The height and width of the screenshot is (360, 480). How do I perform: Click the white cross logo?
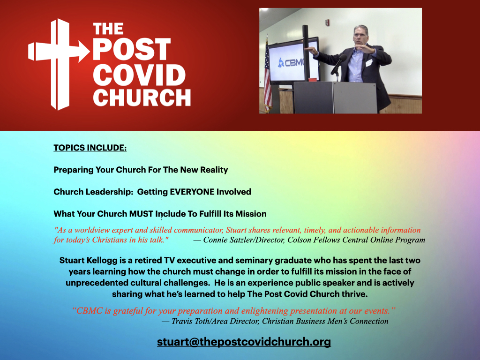tap(58, 64)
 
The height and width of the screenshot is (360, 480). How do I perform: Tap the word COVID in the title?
tap(139, 75)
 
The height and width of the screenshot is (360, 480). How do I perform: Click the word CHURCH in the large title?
tap(142, 97)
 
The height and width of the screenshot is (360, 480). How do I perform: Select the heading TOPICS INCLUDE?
tap(90, 148)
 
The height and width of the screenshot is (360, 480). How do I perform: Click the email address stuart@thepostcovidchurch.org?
tap(244, 342)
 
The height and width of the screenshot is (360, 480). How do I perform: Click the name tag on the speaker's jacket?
tap(369, 63)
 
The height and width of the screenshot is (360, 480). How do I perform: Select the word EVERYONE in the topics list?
tap(192, 192)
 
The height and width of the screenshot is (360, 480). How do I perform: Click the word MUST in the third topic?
tap(141, 214)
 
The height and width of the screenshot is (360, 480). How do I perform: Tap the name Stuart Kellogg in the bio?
tap(88, 261)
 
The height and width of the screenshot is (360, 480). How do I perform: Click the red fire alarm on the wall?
tap(327, 22)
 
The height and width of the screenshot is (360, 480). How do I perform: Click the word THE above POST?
tap(108, 29)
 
